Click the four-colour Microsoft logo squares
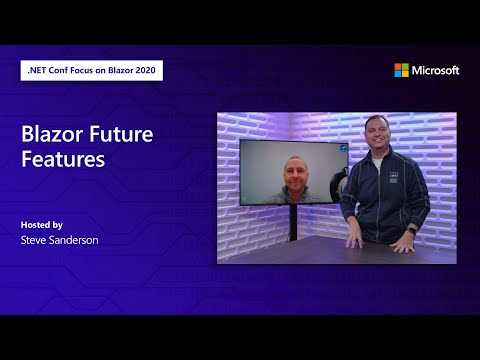point(401,70)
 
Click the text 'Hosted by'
point(41,224)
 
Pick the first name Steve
point(33,240)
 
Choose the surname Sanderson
point(76,240)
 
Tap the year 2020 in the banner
point(145,70)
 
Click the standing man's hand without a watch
point(352,240)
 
